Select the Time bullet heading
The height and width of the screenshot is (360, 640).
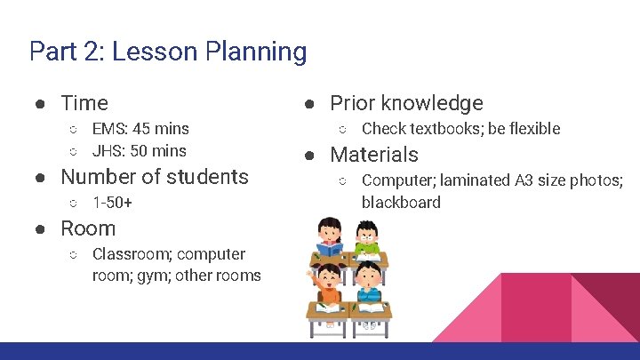[x=84, y=103]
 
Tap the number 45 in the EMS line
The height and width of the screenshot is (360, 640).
[x=140, y=129]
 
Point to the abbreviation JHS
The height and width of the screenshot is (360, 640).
[x=108, y=150]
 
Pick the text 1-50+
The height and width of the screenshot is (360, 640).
[x=112, y=203]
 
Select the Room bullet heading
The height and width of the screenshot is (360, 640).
[x=88, y=228]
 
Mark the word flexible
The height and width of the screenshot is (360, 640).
[x=532, y=129]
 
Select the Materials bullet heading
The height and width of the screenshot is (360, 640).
[x=374, y=155]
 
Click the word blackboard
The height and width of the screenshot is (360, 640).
[x=401, y=202]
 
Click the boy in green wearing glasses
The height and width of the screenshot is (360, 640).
[x=366, y=238]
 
